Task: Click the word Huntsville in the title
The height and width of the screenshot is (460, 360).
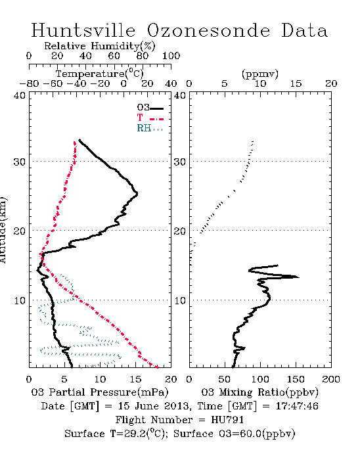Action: [x=83, y=30]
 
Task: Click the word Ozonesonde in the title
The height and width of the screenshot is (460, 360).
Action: [x=208, y=30]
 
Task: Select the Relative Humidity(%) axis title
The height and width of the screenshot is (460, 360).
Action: [x=100, y=46]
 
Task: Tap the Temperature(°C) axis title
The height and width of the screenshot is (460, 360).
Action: [x=100, y=74]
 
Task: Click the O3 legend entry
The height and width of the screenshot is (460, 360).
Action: [x=150, y=108]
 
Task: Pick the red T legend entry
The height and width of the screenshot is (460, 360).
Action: [x=150, y=118]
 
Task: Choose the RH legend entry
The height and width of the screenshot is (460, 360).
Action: [x=150, y=128]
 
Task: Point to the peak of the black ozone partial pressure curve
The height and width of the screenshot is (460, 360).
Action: [x=137, y=194]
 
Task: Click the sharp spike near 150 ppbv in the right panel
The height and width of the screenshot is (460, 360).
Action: [x=298, y=277]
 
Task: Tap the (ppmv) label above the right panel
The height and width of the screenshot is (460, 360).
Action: [x=259, y=74]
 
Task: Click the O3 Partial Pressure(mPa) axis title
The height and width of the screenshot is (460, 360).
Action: [x=100, y=392]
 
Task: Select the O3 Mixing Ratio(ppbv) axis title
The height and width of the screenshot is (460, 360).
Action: [x=259, y=392]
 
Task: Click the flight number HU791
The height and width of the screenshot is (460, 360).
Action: [x=227, y=420]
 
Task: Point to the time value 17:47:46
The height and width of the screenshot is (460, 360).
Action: [x=297, y=406]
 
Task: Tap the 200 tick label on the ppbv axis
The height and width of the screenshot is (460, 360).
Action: [x=331, y=379]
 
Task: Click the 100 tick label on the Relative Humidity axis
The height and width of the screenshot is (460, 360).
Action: [x=171, y=56]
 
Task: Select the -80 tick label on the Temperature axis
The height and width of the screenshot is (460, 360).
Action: [x=29, y=84]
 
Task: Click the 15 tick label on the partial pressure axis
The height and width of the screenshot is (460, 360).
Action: [x=135, y=379]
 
